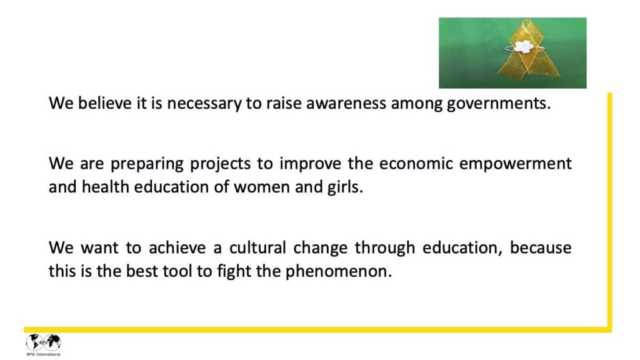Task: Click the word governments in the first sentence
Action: click(x=499, y=103)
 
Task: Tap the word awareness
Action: click(x=346, y=103)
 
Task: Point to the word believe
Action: click(x=104, y=103)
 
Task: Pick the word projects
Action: click(x=221, y=164)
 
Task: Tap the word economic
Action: click(x=416, y=164)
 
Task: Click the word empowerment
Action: click(x=516, y=164)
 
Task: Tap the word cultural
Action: click(x=257, y=247)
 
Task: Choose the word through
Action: click(x=384, y=248)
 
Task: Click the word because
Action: click(x=541, y=247)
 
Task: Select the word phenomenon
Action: click(x=338, y=272)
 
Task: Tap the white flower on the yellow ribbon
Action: click(x=522, y=47)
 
